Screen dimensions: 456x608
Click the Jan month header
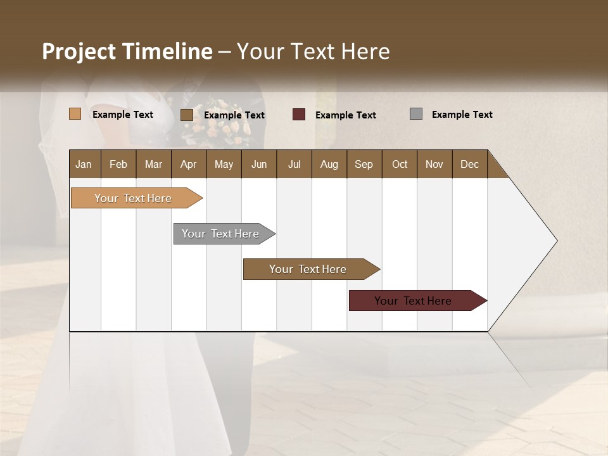84,164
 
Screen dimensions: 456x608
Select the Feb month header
118,164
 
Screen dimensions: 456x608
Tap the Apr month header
188,164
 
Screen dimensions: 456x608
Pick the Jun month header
258,164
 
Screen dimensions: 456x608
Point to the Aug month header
329,164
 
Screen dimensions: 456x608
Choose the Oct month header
400,164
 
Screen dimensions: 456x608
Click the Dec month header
469,164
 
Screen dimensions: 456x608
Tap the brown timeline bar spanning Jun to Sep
308,269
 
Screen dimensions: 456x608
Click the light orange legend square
75,114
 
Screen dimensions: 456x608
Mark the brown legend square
187,115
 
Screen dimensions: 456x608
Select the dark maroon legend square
299,115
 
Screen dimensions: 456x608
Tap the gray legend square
416,114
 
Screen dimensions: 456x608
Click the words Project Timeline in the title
127,51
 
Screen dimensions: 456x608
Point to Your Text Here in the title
313,51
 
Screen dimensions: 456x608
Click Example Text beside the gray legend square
462,115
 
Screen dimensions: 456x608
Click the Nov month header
434,164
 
